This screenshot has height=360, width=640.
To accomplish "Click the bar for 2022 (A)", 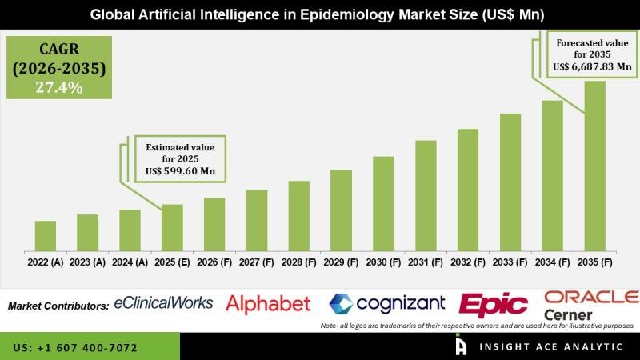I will click(46, 235).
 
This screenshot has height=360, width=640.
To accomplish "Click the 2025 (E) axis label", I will click(172, 262).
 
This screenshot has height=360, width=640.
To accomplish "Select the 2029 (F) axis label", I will click(341, 262).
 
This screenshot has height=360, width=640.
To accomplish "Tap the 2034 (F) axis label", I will click(553, 262).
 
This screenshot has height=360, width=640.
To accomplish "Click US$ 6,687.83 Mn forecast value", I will click(584, 69).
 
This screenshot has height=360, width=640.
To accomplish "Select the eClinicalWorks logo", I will click(164, 303).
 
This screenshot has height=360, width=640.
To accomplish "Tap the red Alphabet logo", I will click(268, 304).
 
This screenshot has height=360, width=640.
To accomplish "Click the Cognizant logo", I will click(389, 304).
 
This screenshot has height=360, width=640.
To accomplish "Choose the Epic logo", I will click(494, 305).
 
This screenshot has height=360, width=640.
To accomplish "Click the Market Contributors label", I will click(58, 306).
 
